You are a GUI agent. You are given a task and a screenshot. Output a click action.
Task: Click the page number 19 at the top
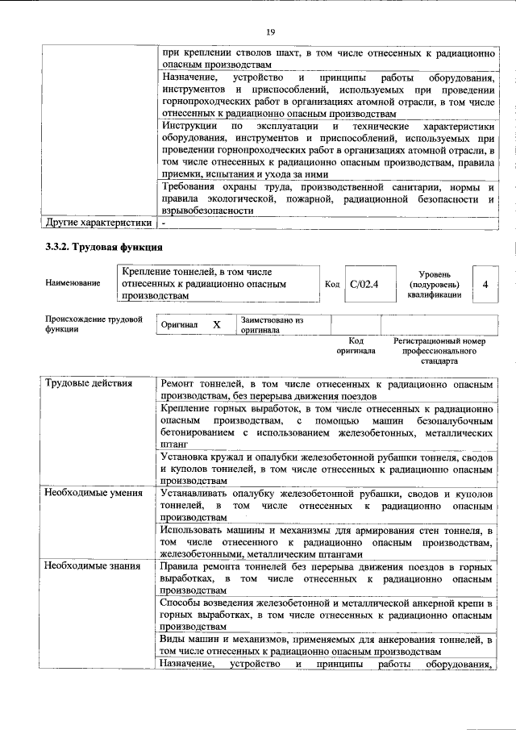tap(270, 31)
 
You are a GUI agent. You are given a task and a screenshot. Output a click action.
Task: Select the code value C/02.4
tap(364, 284)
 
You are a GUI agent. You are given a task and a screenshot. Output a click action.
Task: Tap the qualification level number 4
tap(485, 284)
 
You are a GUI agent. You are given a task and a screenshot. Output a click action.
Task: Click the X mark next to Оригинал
tap(216, 324)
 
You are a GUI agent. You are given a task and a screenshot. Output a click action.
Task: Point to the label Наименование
tap(73, 284)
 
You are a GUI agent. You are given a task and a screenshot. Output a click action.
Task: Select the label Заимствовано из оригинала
tap(271, 324)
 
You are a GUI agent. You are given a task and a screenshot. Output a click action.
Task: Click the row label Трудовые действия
tap(89, 382)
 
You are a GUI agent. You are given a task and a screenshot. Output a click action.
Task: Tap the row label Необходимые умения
tap(94, 492)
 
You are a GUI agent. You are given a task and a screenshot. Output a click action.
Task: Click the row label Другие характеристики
tap(98, 222)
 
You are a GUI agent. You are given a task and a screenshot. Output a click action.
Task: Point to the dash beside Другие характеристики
tap(164, 222)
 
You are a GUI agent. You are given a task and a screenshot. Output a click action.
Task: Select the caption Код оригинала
tap(356, 346)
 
